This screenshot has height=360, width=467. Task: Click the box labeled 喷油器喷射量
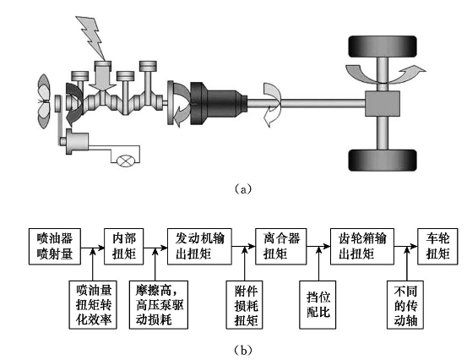tap(55, 247)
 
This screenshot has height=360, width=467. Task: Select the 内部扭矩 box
tap(124, 247)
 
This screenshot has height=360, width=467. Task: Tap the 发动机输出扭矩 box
tap(199, 247)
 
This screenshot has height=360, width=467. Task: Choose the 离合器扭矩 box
tap(281, 247)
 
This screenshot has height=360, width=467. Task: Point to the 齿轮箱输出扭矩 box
tap(362, 247)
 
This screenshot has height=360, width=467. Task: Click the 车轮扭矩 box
tap(437, 247)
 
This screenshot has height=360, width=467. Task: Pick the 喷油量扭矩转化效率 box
tap(93, 304)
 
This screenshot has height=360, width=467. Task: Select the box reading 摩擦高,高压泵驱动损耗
tap(159, 304)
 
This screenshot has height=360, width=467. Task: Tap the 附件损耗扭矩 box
tap(245, 304)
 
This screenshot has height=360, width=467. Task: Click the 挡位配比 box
tap(318, 304)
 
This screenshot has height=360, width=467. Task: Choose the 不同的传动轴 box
tap(405, 304)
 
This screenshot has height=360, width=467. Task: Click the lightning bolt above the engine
tap(91, 37)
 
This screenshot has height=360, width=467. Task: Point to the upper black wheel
tap(383, 46)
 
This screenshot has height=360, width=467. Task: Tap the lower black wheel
tap(383, 161)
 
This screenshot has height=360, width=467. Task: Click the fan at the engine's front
tap(44, 101)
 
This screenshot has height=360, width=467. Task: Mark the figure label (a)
tap(243, 189)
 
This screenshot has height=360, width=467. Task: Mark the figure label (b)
tap(243, 350)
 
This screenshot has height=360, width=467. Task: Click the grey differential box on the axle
tap(383, 104)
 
